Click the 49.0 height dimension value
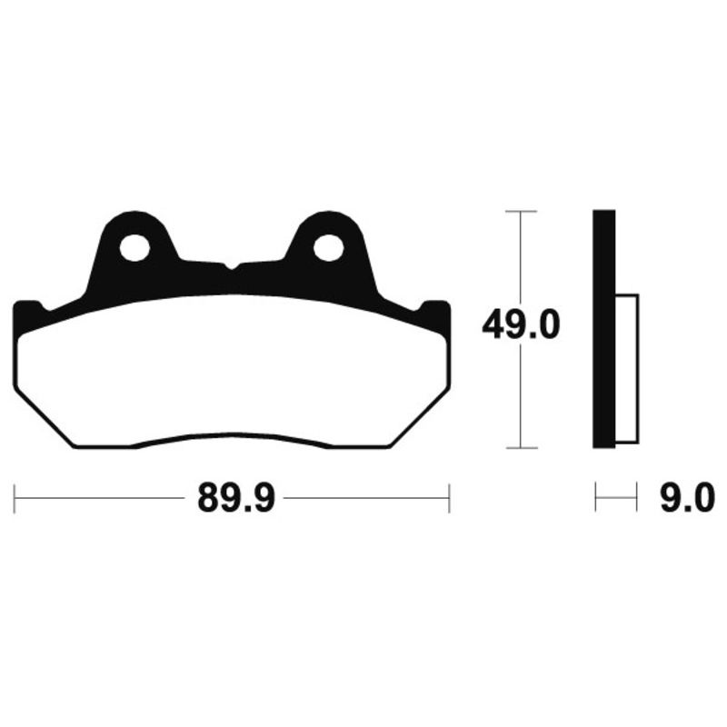click(x=519, y=326)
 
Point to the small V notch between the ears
click(x=233, y=266)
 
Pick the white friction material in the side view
click(x=627, y=368)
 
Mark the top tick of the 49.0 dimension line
click(x=519, y=211)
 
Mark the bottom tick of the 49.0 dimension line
click(x=519, y=447)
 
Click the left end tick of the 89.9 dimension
click(x=16, y=498)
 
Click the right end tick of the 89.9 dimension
click(x=449, y=498)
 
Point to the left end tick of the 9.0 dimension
click(x=595, y=498)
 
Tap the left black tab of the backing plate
click(x=27, y=314)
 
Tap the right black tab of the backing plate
click(x=438, y=314)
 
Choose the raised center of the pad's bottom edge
click(x=233, y=435)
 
